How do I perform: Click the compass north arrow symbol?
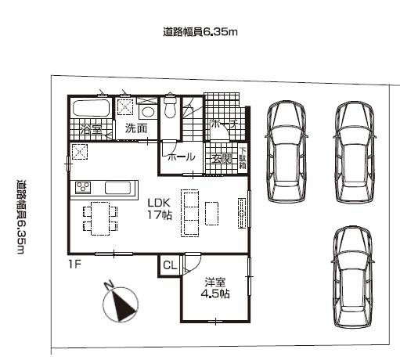tap(121, 304)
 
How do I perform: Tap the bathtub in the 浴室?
tap(91, 108)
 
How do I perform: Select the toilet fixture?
tap(170, 107)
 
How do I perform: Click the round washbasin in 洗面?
tap(148, 112)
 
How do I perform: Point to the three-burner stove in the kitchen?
tap(83, 187)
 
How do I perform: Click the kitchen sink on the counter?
tap(118, 188)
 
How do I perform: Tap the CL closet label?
tap(170, 265)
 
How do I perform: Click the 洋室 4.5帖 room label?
tap(215, 288)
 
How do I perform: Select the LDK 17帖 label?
tap(160, 209)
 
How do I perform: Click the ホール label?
tap(182, 157)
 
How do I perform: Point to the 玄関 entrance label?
tap(222, 159)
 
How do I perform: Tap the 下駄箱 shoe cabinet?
tap(243, 158)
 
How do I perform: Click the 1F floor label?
tap(75, 265)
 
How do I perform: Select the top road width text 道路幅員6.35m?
tap(200, 32)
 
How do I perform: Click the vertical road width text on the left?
tap(20, 217)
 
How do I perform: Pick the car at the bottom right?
tap(353, 276)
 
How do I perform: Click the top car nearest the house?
tap(286, 152)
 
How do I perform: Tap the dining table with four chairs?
tap(100, 218)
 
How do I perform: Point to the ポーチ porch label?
tap(225, 124)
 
